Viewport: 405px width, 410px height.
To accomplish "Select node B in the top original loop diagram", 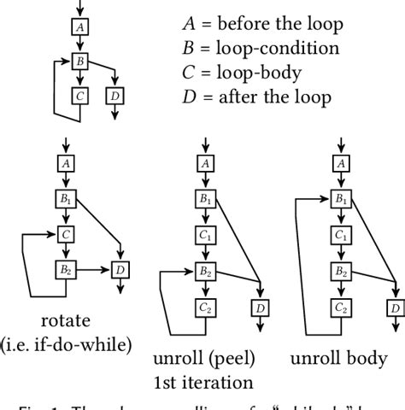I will click(x=80, y=61).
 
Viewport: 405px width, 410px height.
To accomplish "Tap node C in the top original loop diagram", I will click(x=80, y=96).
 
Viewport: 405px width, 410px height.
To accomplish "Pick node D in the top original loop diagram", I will click(x=114, y=96).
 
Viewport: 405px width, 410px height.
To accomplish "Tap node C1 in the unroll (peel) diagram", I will click(x=203, y=233).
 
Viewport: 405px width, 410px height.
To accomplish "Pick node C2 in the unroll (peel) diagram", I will click(x=203, y=307).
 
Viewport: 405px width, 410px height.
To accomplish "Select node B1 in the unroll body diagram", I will click(x=341, y=199).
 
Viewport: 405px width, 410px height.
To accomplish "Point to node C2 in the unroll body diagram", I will click(x=341, y=307).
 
